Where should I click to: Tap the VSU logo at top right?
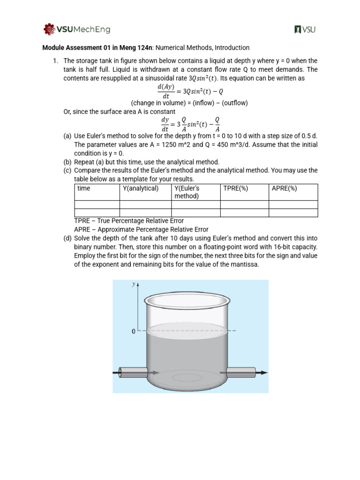[x=305, y=30]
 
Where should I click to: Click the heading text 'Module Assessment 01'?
[x=78, y=47]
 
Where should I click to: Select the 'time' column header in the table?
[x=84, y=188]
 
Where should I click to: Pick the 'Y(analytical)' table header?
[x=141, y=188]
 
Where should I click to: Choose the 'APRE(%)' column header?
[x=285, y=188]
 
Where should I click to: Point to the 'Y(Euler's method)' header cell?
[x=187, y=192]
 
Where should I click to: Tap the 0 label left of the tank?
[x=133, y=331]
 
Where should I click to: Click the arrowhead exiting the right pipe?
[x=264, y=373]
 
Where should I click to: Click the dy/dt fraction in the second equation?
[x=165, y=124]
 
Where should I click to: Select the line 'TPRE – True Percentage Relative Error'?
[x=129, y=221]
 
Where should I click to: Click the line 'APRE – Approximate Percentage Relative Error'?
[x=141, y=230]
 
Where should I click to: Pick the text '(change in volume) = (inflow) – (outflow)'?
[x=189, y=103]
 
